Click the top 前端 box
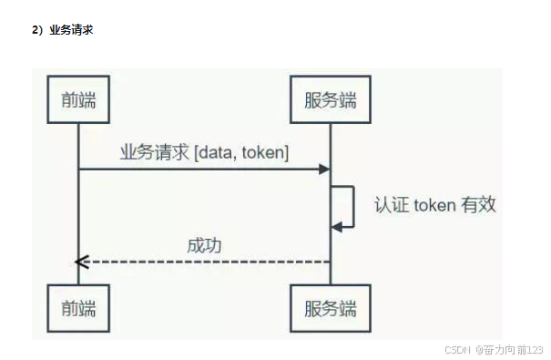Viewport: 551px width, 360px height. point(77,100)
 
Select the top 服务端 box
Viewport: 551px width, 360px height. point(330,100)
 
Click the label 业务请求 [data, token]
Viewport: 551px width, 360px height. point(204,153)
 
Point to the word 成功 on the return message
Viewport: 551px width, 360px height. point(204,245)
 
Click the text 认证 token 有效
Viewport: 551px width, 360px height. point(434,204)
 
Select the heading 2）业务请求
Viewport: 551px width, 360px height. point(63,30)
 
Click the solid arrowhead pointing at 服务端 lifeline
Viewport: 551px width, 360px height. point(323,170)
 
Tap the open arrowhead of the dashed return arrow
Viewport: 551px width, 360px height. point(80,262)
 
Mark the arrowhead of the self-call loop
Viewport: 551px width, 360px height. point(336,225)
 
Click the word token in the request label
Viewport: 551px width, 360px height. point(261,153)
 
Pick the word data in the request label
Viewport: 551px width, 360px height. point(215,153)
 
